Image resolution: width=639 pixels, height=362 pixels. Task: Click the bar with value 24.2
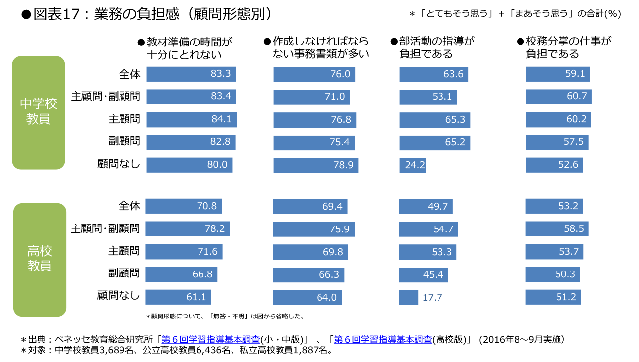[413, 165]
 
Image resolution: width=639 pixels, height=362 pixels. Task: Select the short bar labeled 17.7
[409, 297]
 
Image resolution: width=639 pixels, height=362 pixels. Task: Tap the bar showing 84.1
[192, 120]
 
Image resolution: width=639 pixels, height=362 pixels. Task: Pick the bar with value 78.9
[316, 165]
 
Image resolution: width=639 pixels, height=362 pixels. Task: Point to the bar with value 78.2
[187, 229]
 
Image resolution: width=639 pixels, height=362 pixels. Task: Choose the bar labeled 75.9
[313, 229]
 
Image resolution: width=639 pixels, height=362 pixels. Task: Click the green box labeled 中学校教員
[39, 112]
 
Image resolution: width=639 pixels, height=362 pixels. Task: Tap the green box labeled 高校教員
[40, 259]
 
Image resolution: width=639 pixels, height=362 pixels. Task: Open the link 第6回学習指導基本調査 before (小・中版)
[211, 340]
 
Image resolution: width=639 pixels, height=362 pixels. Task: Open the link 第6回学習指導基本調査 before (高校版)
[383, 340]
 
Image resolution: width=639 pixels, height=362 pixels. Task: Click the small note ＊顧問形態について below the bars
[225, 316]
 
